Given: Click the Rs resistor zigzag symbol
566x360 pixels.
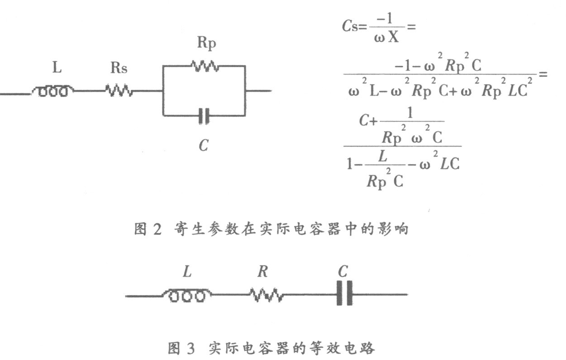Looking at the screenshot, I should [119, 91].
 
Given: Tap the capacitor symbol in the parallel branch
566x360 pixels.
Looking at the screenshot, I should [205, 116].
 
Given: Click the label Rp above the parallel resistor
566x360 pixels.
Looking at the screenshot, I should [206, 43].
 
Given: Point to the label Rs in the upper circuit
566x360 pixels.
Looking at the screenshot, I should [119, 68].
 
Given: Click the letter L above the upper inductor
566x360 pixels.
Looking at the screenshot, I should [57, 68].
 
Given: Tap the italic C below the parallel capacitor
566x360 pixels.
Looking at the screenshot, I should [204, 146].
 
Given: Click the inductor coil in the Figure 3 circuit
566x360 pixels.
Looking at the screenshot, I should [186, 296].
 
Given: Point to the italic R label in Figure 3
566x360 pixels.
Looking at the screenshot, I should [262, 272].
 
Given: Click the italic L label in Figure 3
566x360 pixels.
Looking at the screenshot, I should [187, 272].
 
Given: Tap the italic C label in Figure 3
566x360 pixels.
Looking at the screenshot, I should [343, 271].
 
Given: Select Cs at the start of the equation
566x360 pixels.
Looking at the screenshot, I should [350, 26].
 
